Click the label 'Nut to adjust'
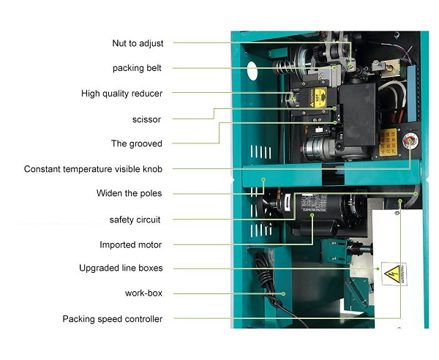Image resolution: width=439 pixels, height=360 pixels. [x=138, y=43]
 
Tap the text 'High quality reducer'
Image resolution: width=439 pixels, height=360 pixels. [x=121, y=94]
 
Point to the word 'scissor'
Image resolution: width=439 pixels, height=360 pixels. [x=146, y=119]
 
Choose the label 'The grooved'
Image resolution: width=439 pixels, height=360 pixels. [x=136, y=143]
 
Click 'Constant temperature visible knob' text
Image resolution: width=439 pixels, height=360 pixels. [x=93, y=169]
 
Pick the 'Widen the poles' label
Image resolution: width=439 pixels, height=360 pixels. [x=130, y=194]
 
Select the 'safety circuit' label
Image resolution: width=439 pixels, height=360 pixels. [x=135, y=220]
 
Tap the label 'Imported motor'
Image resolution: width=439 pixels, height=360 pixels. [x=131, y=244]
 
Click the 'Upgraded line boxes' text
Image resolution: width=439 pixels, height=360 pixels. [x=121, y=269]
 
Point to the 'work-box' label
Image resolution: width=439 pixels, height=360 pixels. [x=143, y=293]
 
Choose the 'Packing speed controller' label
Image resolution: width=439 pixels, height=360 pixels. [x=113, y=319]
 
